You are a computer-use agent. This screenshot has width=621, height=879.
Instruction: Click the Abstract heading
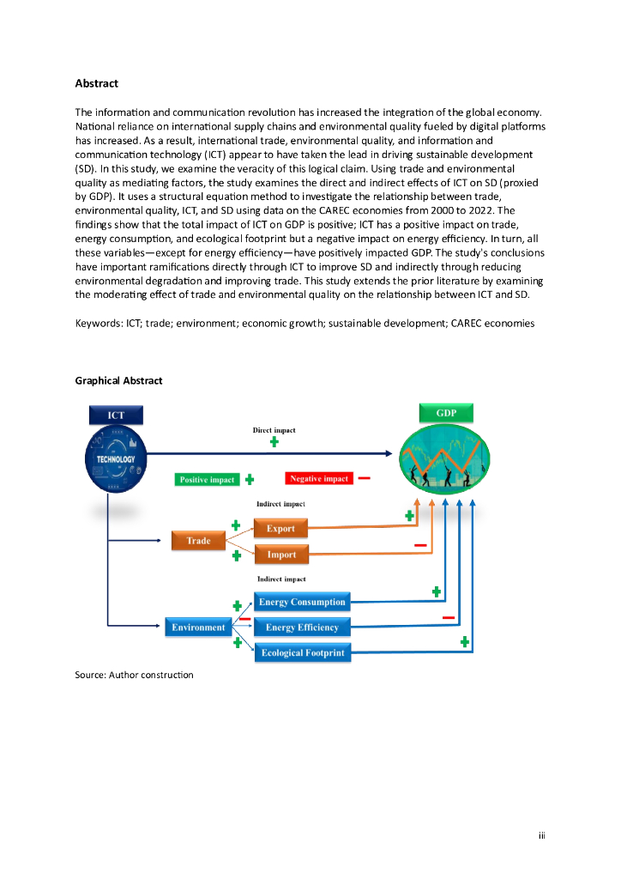[x=96, y=83]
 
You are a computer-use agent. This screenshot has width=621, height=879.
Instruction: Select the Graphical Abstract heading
[x=118, y=380]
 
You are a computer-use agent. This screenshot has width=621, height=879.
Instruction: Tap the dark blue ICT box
[x=116, y=415]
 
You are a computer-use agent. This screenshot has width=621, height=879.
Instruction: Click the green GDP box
[x=446, y=413]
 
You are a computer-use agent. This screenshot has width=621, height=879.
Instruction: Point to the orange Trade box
[x=198, y=541]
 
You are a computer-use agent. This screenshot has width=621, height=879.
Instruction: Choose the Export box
[x=280, y=529]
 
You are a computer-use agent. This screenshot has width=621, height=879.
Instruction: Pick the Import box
[x=280, y=555]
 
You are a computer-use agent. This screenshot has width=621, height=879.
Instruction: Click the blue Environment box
[x=198, y=627]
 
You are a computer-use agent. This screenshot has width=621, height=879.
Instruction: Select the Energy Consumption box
[x=302, y=602]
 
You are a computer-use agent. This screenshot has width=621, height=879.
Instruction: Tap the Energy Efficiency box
[x=302, y=627]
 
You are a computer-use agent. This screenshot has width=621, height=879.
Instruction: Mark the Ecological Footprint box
[x=302, y=653]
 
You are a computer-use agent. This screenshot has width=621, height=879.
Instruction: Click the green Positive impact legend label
[x=207, y=480]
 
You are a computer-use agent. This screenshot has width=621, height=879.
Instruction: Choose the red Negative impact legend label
[x=319, y=478]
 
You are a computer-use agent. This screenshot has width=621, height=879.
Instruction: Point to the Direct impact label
[x=274, y=429]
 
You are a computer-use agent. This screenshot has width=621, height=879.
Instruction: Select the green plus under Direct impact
[x=274, y=442]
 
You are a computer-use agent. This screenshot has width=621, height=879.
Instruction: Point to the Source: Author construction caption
[x=134, y=675]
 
